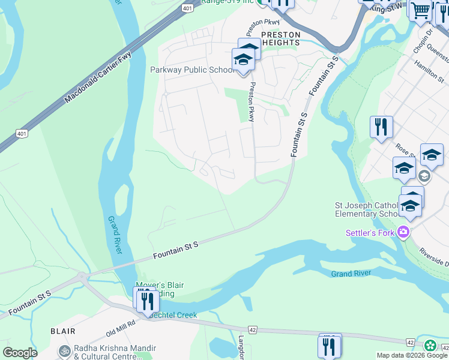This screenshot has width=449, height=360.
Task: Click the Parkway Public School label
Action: click(x=192, y=70)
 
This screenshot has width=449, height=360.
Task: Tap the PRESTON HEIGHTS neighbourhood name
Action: click(x=280, y=39)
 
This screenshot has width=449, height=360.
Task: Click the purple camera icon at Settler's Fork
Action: click(x=403, y=232)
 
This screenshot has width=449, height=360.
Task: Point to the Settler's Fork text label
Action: click(x=370, y=233)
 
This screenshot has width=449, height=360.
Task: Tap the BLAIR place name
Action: click(x=63, y=331)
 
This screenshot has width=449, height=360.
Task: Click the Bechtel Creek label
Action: click(x=175, y=316)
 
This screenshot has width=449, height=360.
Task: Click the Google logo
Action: click(x=20, y=353)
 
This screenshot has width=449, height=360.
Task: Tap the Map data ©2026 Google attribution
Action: click(x=412, y=355)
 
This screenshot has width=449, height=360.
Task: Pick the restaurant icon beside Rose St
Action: click(x=381, y=127)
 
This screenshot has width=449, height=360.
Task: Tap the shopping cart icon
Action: click(x=421, y=10)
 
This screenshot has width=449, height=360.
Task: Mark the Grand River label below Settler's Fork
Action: click(x=351, y=274)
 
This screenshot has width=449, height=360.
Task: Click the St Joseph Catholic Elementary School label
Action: click(x=366, y=209)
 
